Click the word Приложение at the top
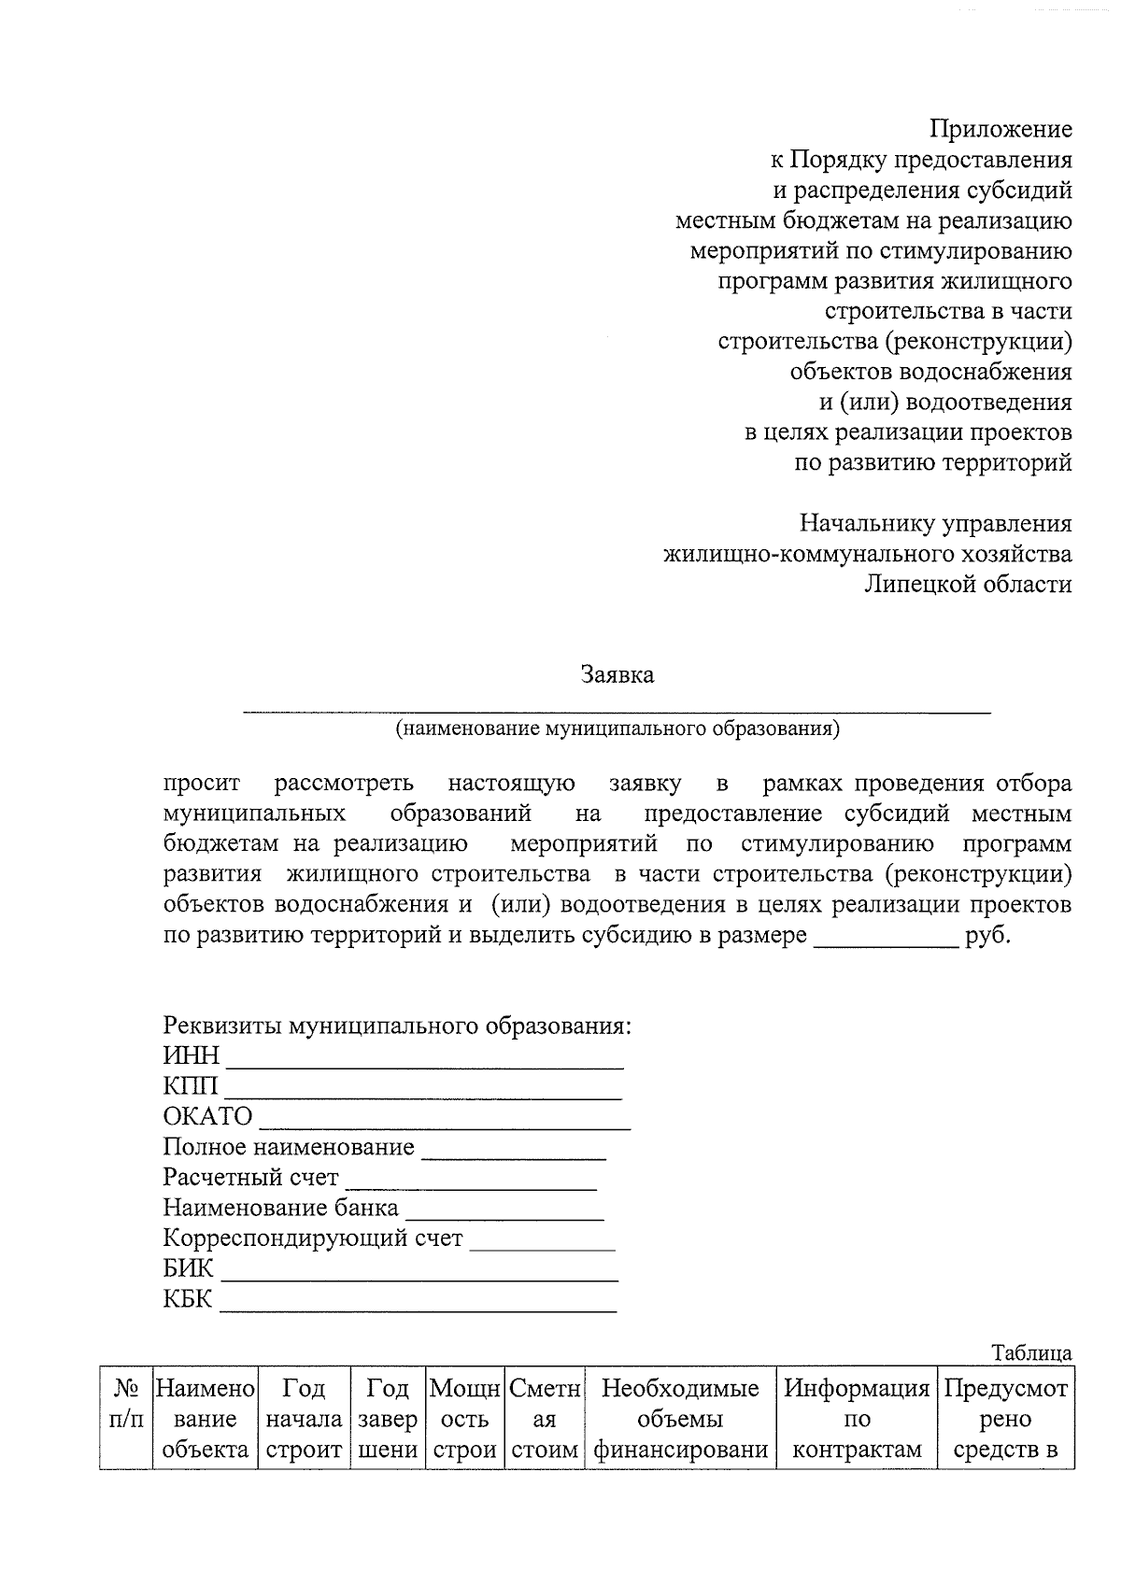[x=1000, y=129]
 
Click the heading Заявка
[x=617, y=674]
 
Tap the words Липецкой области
[x=968, y=585]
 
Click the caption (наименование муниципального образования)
[x=617, y=729]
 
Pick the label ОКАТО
[x=207, y=1117]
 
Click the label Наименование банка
[x=280, y=1209]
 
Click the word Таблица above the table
[x=1031, y=1353]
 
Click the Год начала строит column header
[x=304, y=1419]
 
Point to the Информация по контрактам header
[x=857, y=1419]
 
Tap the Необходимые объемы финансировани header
[x=680, y=1419]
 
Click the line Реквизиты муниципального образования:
[x=397, y=1026]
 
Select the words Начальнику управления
[x=935, y=524]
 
